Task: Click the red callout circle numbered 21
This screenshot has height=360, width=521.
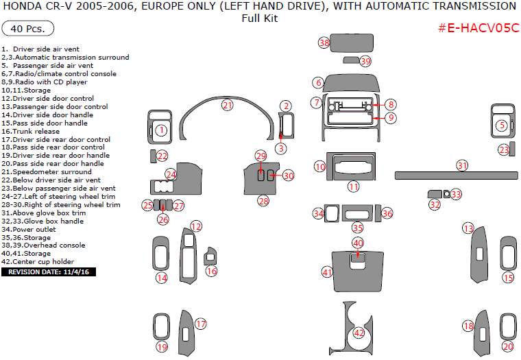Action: click(x=227, y=105)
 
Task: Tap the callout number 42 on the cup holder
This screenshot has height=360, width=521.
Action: click(x=359, y=333)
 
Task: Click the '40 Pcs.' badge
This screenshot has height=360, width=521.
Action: click(x=28, y=29)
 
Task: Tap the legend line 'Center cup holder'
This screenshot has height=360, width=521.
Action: click(x=42, y=262)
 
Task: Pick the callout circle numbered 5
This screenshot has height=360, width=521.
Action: click(x=502, y=125)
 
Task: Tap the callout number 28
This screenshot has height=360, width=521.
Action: click(x=263, y=201)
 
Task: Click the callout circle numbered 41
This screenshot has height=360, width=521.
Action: click(x=327, y=272)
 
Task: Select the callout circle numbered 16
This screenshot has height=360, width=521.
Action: click(x=212, y=271)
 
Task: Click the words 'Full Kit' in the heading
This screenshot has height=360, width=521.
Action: click(x=260, y=19)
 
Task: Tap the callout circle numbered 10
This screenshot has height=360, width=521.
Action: click(x=320, y=167)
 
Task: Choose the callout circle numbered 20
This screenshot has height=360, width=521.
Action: click(x=507, y=346)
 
